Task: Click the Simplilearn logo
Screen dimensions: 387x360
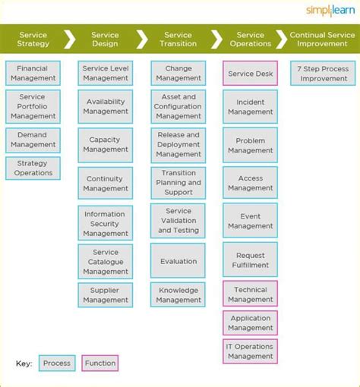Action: click(330, 10)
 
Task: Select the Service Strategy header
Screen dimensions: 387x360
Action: click(33, 39)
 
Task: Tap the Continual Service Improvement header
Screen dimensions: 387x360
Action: click(322, 39)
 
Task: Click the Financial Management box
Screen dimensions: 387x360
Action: click(33, 74)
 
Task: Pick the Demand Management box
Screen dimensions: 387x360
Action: click(33, 140)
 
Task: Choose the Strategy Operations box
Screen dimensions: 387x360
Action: click(33, 168)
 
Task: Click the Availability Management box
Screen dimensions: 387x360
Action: click(105, 106)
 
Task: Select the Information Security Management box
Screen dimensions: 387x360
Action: click(105, 223)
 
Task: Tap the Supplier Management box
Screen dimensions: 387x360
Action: click(105, 294)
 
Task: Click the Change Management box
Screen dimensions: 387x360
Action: click(178, 74)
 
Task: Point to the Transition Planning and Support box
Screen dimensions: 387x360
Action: click(178, 183)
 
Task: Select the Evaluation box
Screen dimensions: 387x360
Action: click(178, 261)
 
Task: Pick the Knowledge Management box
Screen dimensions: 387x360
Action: click(178, 294)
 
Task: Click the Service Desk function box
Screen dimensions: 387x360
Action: click(250, 74)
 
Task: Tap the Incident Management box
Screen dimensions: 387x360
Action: click(250, 107)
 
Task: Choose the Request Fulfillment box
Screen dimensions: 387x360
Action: click(250, 260)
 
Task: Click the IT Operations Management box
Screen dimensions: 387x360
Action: click(250, 351)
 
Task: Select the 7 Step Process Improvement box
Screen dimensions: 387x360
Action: click(323, 74)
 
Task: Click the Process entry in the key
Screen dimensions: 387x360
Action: click(57, 363)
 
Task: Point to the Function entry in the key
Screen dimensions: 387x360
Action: click(100, 363)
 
